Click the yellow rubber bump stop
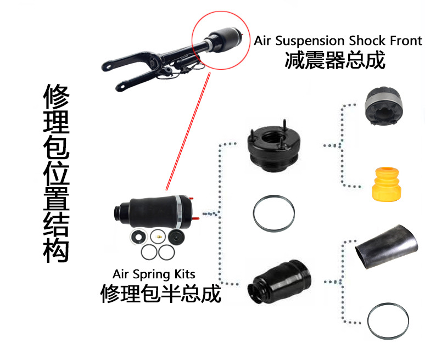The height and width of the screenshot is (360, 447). pyautogui.click(x=387, y=184)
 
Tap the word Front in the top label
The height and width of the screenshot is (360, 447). pyautogui.click(x=406, y=41)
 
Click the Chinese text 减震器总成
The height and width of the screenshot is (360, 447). pyautogui.click(x=335, y=60)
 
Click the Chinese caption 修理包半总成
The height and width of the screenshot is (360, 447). pyautogui.click(x=160, y=294)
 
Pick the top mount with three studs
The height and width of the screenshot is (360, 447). pyautogui.click(x=273, y=146)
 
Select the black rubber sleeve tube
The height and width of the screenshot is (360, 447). pyautogui.click(x=387, y=246)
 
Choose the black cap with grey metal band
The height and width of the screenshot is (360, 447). pyautogui.click(x=383, y=106)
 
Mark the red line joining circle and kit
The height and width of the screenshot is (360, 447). pyautogui.click(x=188, y=131)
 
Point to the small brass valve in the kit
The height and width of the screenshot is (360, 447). pyautogui.click(x=159, y=237)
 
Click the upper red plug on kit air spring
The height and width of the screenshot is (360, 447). pyautogui.click(x=191, y=198)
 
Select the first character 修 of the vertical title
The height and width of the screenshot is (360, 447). pyautogui.click(x=56, y=96)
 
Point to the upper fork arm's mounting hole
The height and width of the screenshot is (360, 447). pyautogui.click(x=108, y=67)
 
